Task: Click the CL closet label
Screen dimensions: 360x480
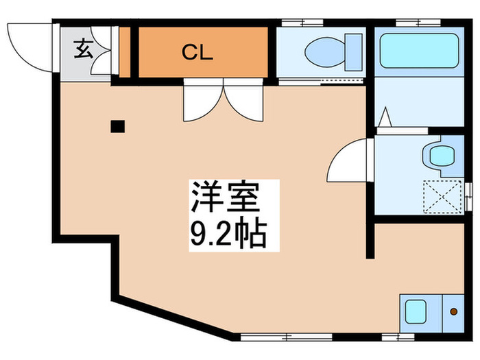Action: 197,53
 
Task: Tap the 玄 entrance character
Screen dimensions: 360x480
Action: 83,49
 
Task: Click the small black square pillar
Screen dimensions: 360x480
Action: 118,126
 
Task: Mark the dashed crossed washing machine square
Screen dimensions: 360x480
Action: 441,195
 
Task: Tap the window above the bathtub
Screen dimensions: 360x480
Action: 418,24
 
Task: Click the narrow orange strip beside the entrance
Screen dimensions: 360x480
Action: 124,51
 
